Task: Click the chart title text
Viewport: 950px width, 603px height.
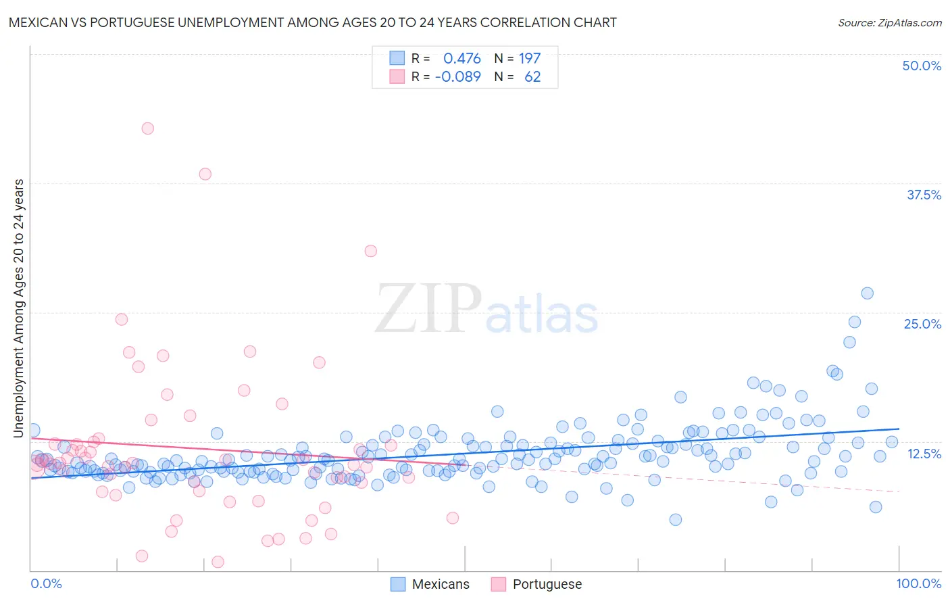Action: click(x=312, y=22)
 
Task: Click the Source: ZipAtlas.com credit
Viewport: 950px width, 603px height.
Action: click(x=889, y=22)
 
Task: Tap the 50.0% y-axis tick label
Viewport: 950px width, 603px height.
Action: click(x=921, y=66)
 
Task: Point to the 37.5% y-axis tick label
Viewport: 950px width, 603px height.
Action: click(x=923, y=195)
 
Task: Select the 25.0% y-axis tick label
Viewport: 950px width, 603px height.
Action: click(x=922, y=324)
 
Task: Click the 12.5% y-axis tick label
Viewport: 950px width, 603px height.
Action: click(x=923, y=454)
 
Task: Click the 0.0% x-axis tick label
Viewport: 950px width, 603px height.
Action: click(x=47, y=583)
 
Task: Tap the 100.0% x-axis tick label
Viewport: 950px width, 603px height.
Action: click(x=918, y=583)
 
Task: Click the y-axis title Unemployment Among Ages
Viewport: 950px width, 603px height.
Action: click(x=19, y=308)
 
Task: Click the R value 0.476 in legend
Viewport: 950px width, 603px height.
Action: click(x=461, y=58)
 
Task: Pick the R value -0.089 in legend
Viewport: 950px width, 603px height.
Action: click(x=458, y=76)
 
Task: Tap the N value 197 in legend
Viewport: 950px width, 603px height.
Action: click(x=529, y=58)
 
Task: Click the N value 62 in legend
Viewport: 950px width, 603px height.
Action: click(x=532, y=76)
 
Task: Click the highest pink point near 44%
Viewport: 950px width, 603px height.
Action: click(x=147, y=128)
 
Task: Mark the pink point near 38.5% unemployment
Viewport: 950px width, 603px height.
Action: click(x=205, y=174)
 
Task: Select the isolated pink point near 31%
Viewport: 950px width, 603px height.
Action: click(x=370, y=251)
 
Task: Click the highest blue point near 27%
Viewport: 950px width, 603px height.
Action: click(x=867, y=293)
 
